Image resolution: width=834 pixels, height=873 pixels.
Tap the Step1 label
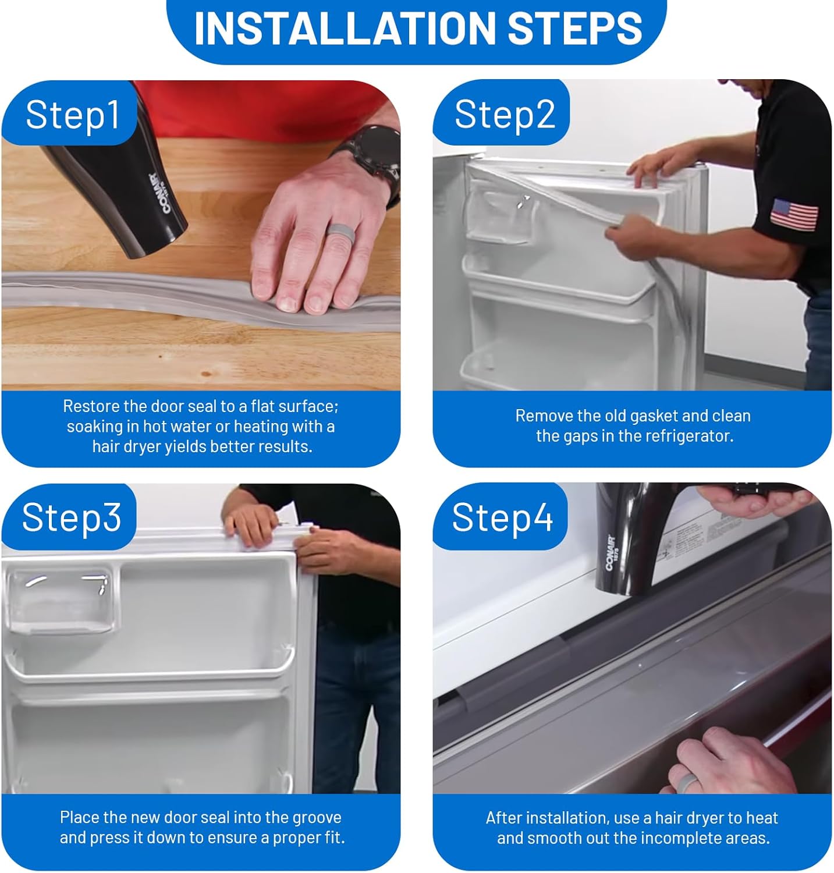[72, 114]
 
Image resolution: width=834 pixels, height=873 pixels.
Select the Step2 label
[505, 114]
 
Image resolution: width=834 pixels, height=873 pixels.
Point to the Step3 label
[72, 517]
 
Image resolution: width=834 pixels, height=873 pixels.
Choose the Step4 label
[502, 517]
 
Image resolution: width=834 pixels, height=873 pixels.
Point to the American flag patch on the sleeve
[794, 214]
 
